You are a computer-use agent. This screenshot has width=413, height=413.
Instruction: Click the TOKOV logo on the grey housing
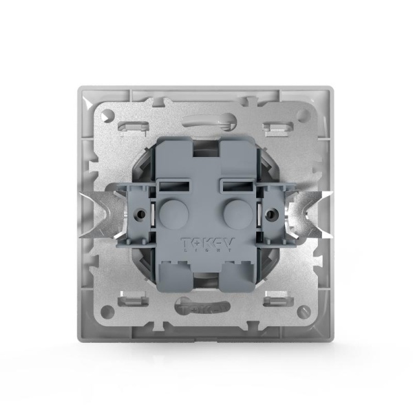(207, 243)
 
